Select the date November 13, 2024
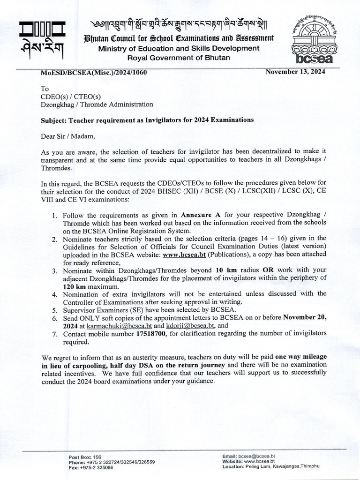[x=295, y=72]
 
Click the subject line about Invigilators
[x=148, y=120]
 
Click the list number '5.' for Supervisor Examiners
[x=54, y=309]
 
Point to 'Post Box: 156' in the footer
[x=85, y=457]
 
